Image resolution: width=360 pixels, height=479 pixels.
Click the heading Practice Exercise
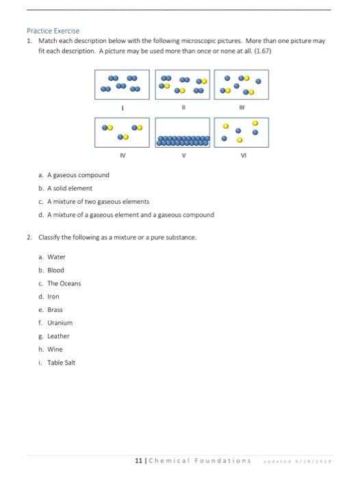pos(53,31)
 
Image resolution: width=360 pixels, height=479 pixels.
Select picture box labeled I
pos(123,83)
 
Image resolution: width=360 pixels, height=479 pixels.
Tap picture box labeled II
pos(183,83)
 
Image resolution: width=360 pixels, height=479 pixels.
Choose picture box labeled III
pos(242,83)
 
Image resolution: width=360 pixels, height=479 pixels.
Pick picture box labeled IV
pos(123,131)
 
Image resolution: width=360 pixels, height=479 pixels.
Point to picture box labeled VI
pos(242,131)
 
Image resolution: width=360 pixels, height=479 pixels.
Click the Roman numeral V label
pos(183,155)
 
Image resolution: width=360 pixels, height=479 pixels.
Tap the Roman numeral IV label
pos(123,155)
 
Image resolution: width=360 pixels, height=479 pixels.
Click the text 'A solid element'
pos(69,188)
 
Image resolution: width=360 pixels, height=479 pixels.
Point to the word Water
pos(56,257)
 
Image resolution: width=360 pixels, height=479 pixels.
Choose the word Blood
pos(55,270)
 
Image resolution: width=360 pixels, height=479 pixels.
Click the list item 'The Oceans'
pos(64,283)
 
